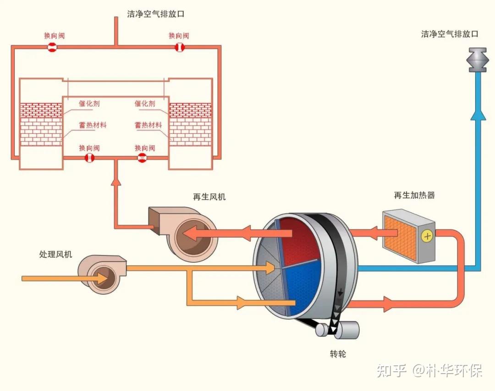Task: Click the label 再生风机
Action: [209, 197]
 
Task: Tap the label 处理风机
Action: [55, 255]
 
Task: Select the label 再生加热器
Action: [414, 195]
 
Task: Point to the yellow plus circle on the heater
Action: [427, 236]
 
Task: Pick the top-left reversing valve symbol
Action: [52, 47]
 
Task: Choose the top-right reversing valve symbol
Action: [179, 47]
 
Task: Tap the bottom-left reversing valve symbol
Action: [89, 158]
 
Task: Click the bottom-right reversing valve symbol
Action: [143, 158]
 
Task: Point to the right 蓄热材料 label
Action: [148, 125]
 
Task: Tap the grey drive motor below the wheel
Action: [346, 330]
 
